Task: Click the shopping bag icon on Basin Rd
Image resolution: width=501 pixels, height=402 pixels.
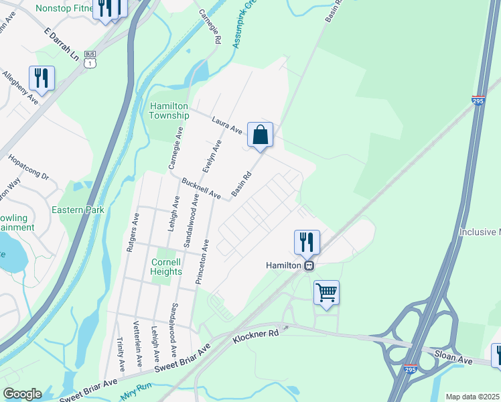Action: coord(260,135)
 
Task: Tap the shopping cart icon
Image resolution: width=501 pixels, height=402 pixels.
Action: coord(326,293)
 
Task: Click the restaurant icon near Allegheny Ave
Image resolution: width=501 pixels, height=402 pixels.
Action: coord(42,78)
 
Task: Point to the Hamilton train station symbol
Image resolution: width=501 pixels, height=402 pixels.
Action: coord(309,265)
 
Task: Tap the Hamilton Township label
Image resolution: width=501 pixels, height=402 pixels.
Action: coord(169,111)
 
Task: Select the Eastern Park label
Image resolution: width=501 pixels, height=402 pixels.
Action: coord(78,210)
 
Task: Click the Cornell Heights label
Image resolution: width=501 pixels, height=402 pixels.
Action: coord(167,267)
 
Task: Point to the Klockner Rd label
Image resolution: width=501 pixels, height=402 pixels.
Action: coord(255,336)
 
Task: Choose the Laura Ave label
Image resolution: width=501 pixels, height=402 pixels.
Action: coord(226,124)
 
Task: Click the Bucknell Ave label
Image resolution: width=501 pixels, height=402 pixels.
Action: coord(201,188)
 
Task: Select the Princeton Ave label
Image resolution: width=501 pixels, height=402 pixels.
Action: coord(202,262)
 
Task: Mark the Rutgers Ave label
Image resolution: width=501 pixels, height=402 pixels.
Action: coord(132,232)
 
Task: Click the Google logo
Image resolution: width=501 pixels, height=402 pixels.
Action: coord(22,394)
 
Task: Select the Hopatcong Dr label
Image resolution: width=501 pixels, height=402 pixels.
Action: coord(29,167)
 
